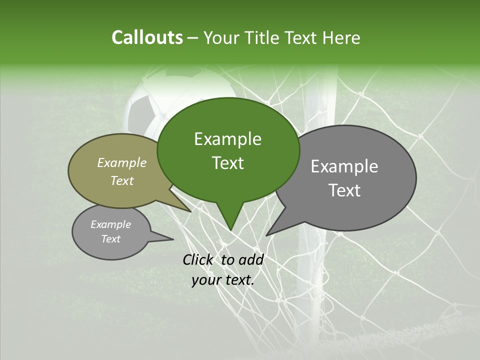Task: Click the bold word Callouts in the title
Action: coord(147,37)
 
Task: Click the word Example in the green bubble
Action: coord(227,139)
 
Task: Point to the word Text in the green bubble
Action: coord(227,163)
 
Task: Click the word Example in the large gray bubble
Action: coord(344,166)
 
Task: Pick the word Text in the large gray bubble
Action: coord(344,190)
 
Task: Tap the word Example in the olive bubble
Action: coord(122,162)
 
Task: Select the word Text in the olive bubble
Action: coord(122,180)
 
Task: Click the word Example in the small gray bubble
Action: coord(111,224)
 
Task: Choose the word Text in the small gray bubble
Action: coord(111,239)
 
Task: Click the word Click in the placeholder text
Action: coord(199,259)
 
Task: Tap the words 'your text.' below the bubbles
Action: coord(223,280)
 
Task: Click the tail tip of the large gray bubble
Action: coord(266,235)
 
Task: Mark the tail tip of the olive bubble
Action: coord(190,211)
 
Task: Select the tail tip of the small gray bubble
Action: coord(173,239)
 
